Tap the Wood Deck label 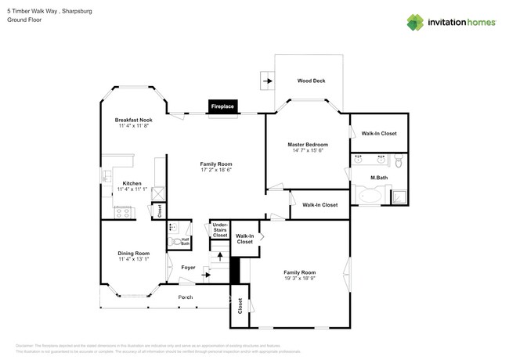point(311,81)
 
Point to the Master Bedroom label point(307,145)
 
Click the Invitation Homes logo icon point(415,22)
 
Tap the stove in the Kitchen point(123,211)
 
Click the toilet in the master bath point(397,163)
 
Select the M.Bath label point(379,178)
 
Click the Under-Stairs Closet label point(220,231)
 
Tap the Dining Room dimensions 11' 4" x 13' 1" point(133,259)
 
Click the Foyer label point(188,268)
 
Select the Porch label point(186,297)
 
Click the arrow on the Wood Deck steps point(267,81)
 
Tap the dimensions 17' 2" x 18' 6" point(216,170)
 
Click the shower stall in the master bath point(399,196)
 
